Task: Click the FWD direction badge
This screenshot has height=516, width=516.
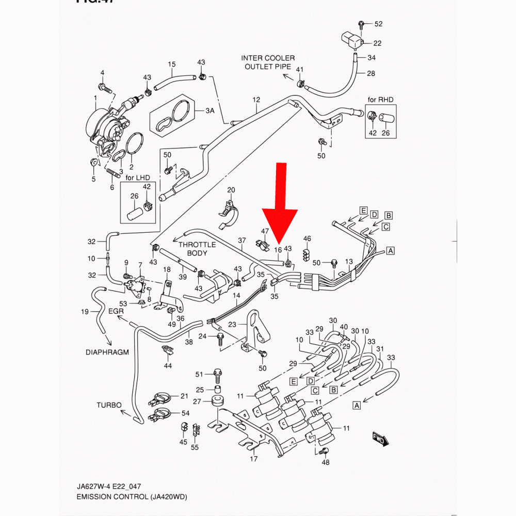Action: pyautogui.click(x=380, y=439)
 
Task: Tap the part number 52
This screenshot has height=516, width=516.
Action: pyautogui.click(x=378, y=24)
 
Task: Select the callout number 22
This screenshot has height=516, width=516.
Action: pyautogui.click(x=377, y=43)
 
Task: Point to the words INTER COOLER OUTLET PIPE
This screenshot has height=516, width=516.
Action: pyautogui.click(x=268, y=62)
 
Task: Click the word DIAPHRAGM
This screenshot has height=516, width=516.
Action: pyautogui.click(x=107, y=353)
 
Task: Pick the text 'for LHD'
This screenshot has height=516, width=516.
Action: pyautogui.click(x=137, y=177)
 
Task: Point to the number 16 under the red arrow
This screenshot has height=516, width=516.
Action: pyautogui.click(x=278, y=250)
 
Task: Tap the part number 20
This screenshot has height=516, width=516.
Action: pyautogui.click(x=231, y=190)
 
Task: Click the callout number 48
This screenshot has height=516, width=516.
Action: pyautogui.click(x=325, y=462)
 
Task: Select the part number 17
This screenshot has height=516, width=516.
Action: pyautogui.click(x=253, y=459)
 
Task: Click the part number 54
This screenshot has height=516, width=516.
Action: pyautogui.click(x=185, y=414)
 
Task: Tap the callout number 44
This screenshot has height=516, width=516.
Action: pyautogui.click(x=168, y=366)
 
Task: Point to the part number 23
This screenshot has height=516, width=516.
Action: pyautogui.click(x=231, y=325)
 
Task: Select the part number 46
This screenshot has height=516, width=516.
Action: pyautogui.click(x=307, y=238)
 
